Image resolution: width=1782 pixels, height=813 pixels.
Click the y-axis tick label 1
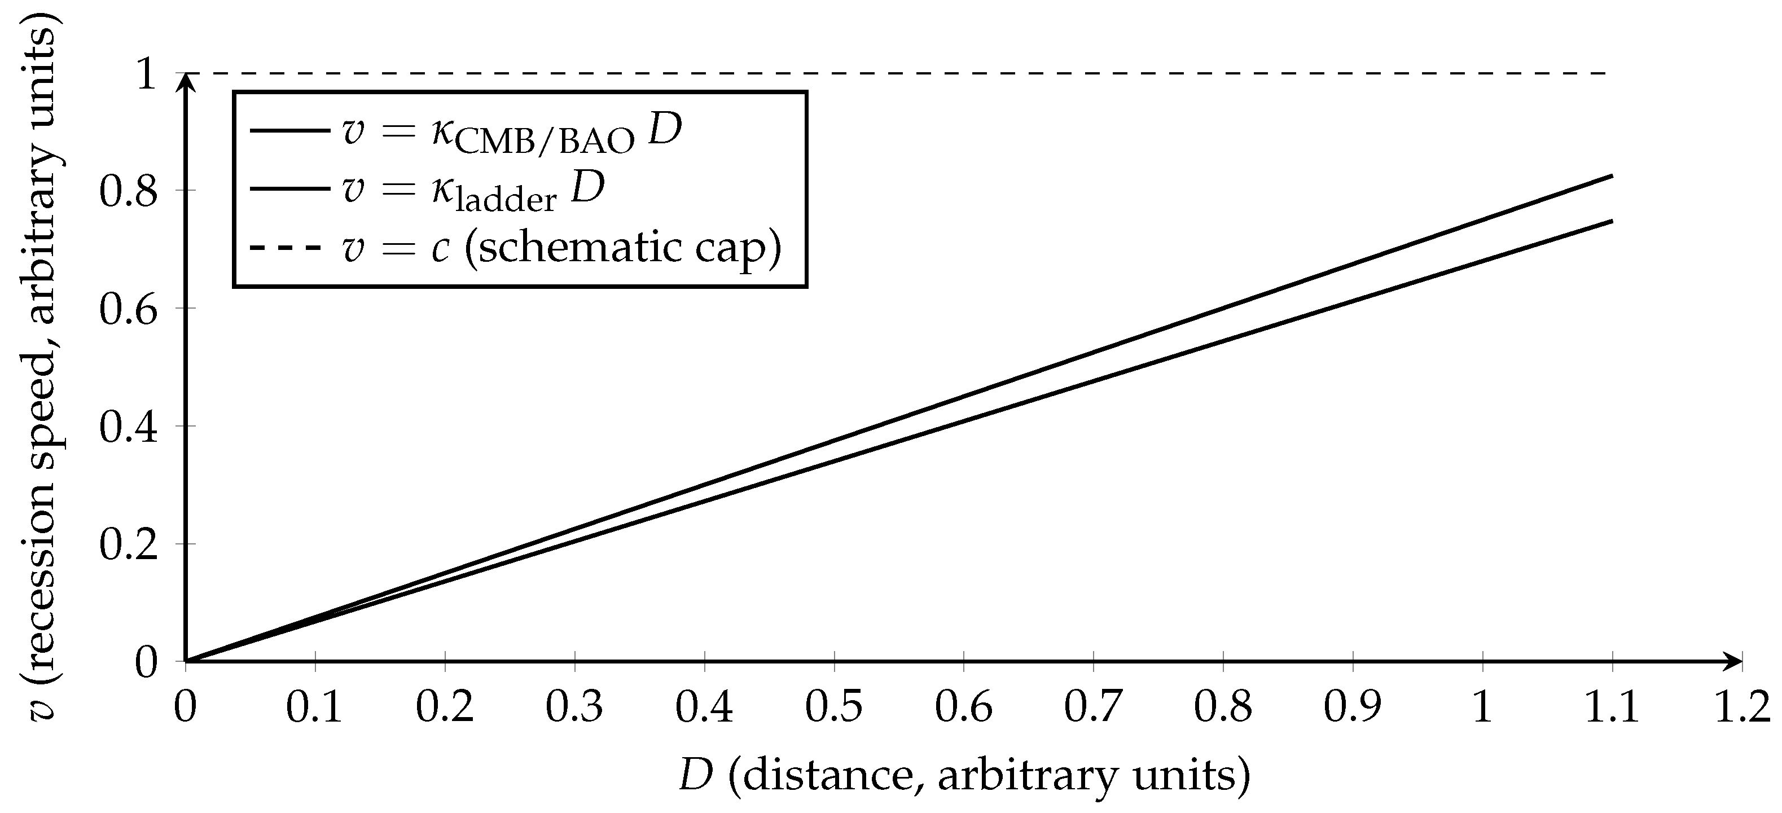147,73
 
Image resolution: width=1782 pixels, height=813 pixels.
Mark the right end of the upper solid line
1612,177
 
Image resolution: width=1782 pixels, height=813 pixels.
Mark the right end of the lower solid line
1612,221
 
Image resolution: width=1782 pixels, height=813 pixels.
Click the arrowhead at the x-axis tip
1733,661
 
